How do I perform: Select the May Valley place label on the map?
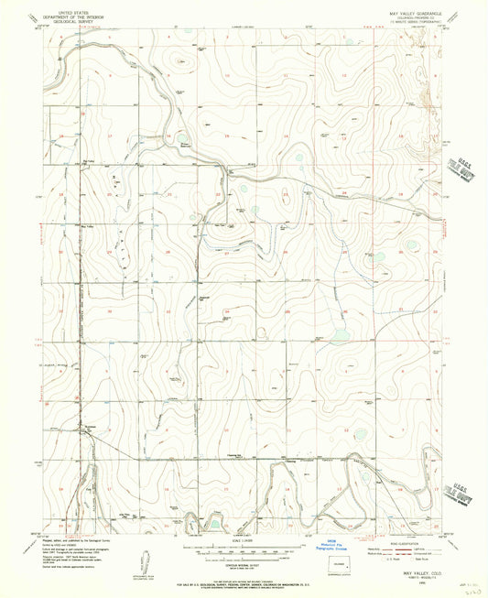click(89, 225)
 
